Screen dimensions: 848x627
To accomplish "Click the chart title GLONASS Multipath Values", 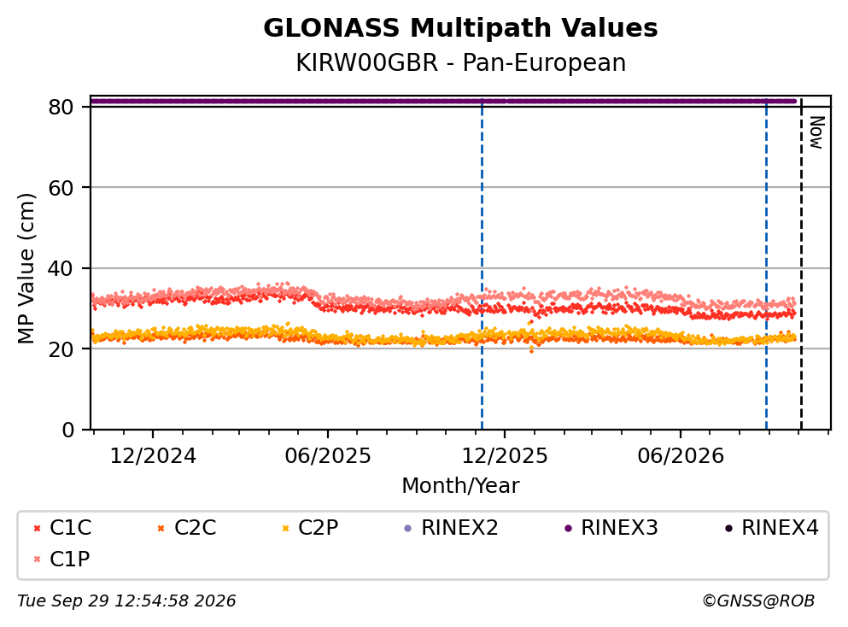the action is [x=460, y=28].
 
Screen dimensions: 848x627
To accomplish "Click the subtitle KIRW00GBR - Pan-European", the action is [x=461, y=62].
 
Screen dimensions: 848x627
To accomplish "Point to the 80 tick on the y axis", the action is [x=61, y=107].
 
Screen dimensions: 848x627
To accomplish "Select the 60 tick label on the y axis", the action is [x=61, y=188].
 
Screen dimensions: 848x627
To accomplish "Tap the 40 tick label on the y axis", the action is [x=61, y=268].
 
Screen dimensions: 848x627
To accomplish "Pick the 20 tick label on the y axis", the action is [x=61, y=349].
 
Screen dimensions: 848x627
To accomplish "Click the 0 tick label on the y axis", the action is [x=67, y=430].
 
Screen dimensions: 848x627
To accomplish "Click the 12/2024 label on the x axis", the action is [x=153, y=456].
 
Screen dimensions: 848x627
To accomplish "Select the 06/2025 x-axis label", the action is [x=328, y=456].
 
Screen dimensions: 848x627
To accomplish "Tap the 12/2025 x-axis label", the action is [x=505, y=456].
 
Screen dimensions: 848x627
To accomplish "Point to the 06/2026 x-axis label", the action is [x=681, y=456].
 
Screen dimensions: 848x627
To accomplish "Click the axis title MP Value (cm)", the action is [x=26, y=268].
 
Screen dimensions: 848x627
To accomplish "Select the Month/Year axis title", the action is [x=460, y=485].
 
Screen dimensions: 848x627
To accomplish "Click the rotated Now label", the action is [x=816, y=132].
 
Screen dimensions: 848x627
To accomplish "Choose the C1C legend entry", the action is [x=62, y=527].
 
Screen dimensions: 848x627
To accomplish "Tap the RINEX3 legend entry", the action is [x=611, y=527].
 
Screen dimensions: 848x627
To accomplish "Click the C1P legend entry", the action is [x=61, y=559].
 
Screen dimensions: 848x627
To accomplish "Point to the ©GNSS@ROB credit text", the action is [x=758, y=601].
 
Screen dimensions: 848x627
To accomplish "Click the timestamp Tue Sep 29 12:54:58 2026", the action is [x=126, y=601].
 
